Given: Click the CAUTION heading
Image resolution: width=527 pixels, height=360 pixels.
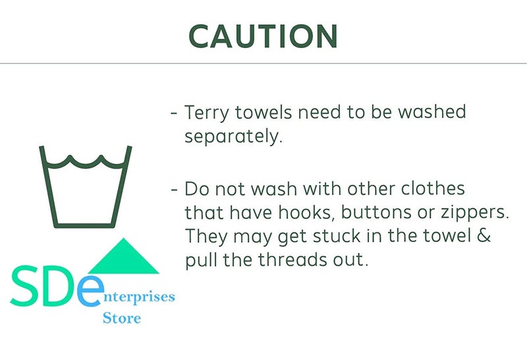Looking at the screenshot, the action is click(263, 36).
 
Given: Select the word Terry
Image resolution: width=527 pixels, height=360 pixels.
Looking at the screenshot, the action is click(207, 113).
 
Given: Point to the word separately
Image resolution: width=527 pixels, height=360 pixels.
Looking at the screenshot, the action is click(234, 137).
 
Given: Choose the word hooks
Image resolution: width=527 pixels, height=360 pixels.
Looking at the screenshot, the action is click(306, 213).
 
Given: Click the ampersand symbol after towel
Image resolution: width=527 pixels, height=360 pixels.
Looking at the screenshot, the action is click(484, 235).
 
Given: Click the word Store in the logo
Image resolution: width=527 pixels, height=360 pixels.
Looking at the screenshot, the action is click(122, 318).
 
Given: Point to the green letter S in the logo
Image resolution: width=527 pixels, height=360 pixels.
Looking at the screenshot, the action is click(24, 286).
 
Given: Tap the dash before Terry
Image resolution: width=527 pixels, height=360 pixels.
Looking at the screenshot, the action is click(174, 113).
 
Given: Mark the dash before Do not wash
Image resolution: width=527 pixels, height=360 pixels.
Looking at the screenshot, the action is click(174, 190).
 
